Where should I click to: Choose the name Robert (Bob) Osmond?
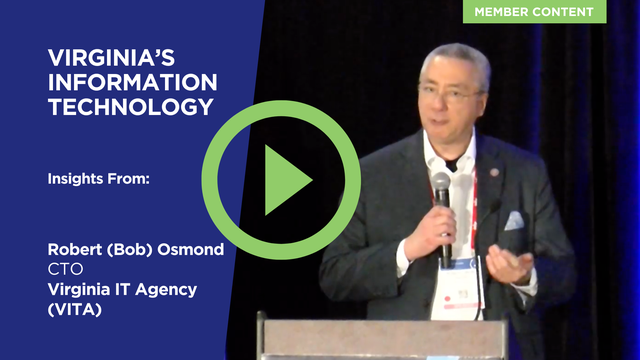tap(135, 249)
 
